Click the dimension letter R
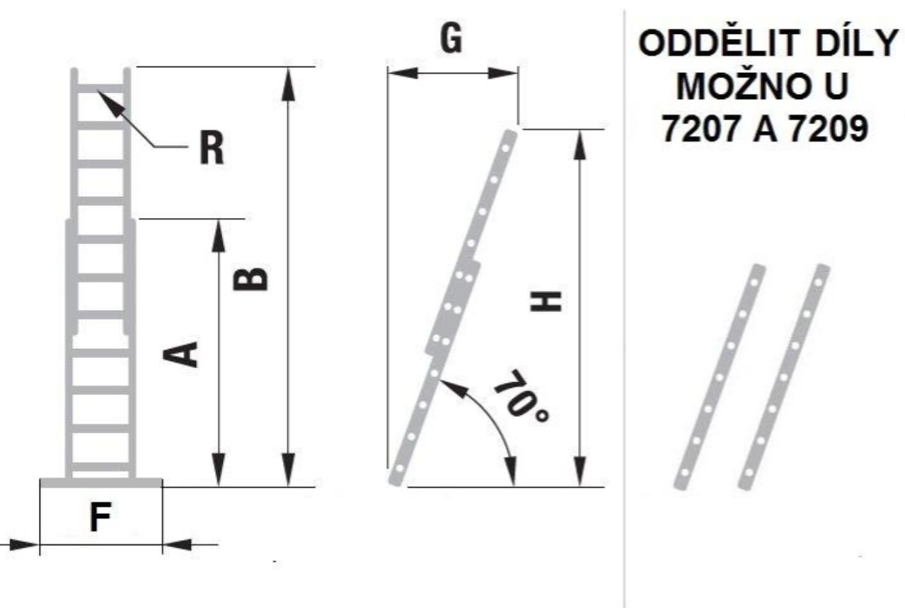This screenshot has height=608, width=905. pyautogui.click(x=212, y=148)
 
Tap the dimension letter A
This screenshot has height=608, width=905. pyautogui.click(x=180, y=354)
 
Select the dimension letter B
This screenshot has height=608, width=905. pyautogui.click(x=250, y=280)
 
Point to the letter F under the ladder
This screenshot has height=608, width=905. pyautogui.click(x=100, y=517)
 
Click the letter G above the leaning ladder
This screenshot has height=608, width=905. pyautogui.click(x=451, y=38)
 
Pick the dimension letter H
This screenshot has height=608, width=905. pyautogui.click(x=546, y=302)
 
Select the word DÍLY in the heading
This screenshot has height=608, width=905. pyautogui.click(x=856, y=43)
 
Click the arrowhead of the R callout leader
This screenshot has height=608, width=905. pyautogui.click(x=110, y=103)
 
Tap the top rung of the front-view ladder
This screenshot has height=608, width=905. pyautogui.click(x=100, y=88)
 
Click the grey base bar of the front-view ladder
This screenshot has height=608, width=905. pyautogui.click(x=101, y=483)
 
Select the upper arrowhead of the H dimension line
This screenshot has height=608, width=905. pyautogui.click(x=580, y=144)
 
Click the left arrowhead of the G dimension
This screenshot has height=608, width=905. pyautogui.click(x=403, y=73)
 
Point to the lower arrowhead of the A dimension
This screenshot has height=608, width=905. pyautogui.click(x=219, y=469)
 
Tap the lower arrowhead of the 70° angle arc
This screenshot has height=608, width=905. pyautogui.click(x=511, y=471)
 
